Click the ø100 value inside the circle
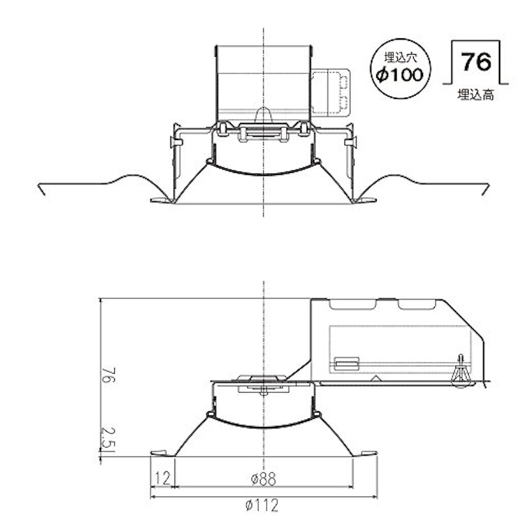400,75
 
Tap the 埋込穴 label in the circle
401,57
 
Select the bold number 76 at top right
476,61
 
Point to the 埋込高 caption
475,95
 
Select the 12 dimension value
162,477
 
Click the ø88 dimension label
263,478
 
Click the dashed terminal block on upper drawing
330,92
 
